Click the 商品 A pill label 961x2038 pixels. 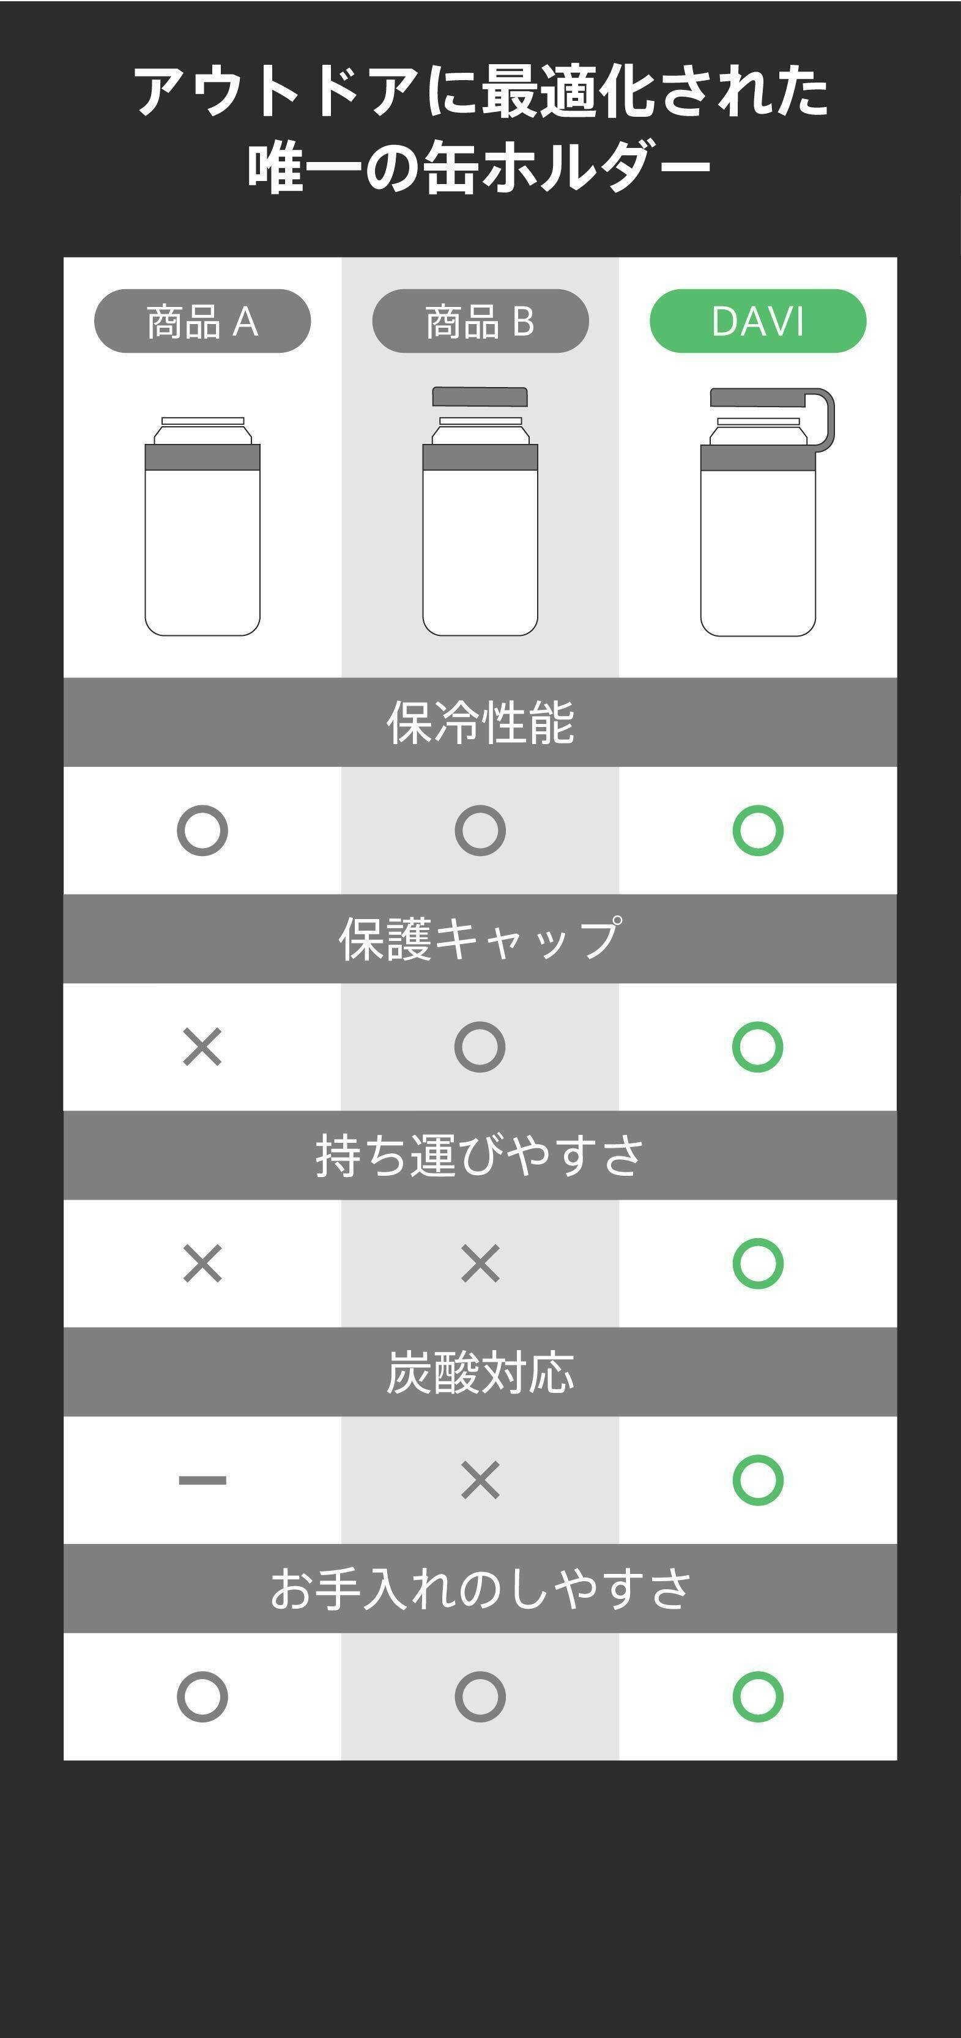[202, 321]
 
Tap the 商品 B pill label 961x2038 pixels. [481, 321]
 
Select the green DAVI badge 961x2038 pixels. [757, 321]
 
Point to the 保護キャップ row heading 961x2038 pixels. [481, 939]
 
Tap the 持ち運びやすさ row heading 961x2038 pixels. [481, 1155]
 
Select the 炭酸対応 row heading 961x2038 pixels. [481, 1372]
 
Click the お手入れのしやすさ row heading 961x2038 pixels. [481, 1589]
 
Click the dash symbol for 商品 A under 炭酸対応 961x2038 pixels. [202, 1480]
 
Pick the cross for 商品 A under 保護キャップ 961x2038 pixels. [202, 1047]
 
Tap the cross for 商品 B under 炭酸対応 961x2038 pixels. [481, 1480]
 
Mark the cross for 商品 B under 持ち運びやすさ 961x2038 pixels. [481, 1263]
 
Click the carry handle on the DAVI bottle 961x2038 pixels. [829, 419]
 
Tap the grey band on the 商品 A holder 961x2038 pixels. [202, 457]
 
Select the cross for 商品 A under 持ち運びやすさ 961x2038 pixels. [202, 1263]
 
